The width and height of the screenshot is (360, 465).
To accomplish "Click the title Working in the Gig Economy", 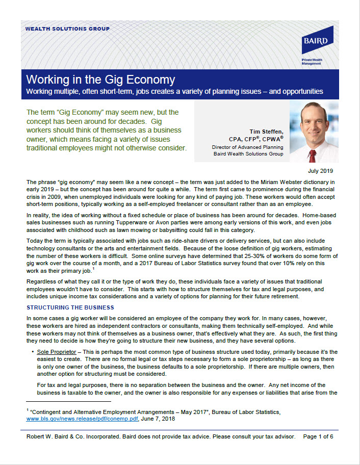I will [100, 80].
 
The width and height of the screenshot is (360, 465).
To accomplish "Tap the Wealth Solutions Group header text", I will [67, 29].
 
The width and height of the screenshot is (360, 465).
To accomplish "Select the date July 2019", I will [321, 171].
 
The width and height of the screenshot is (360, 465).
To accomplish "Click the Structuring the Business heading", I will [70, 307].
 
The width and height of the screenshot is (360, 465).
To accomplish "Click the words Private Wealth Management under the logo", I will [312, 61].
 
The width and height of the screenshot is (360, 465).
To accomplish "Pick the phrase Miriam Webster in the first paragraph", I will [234, 182].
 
